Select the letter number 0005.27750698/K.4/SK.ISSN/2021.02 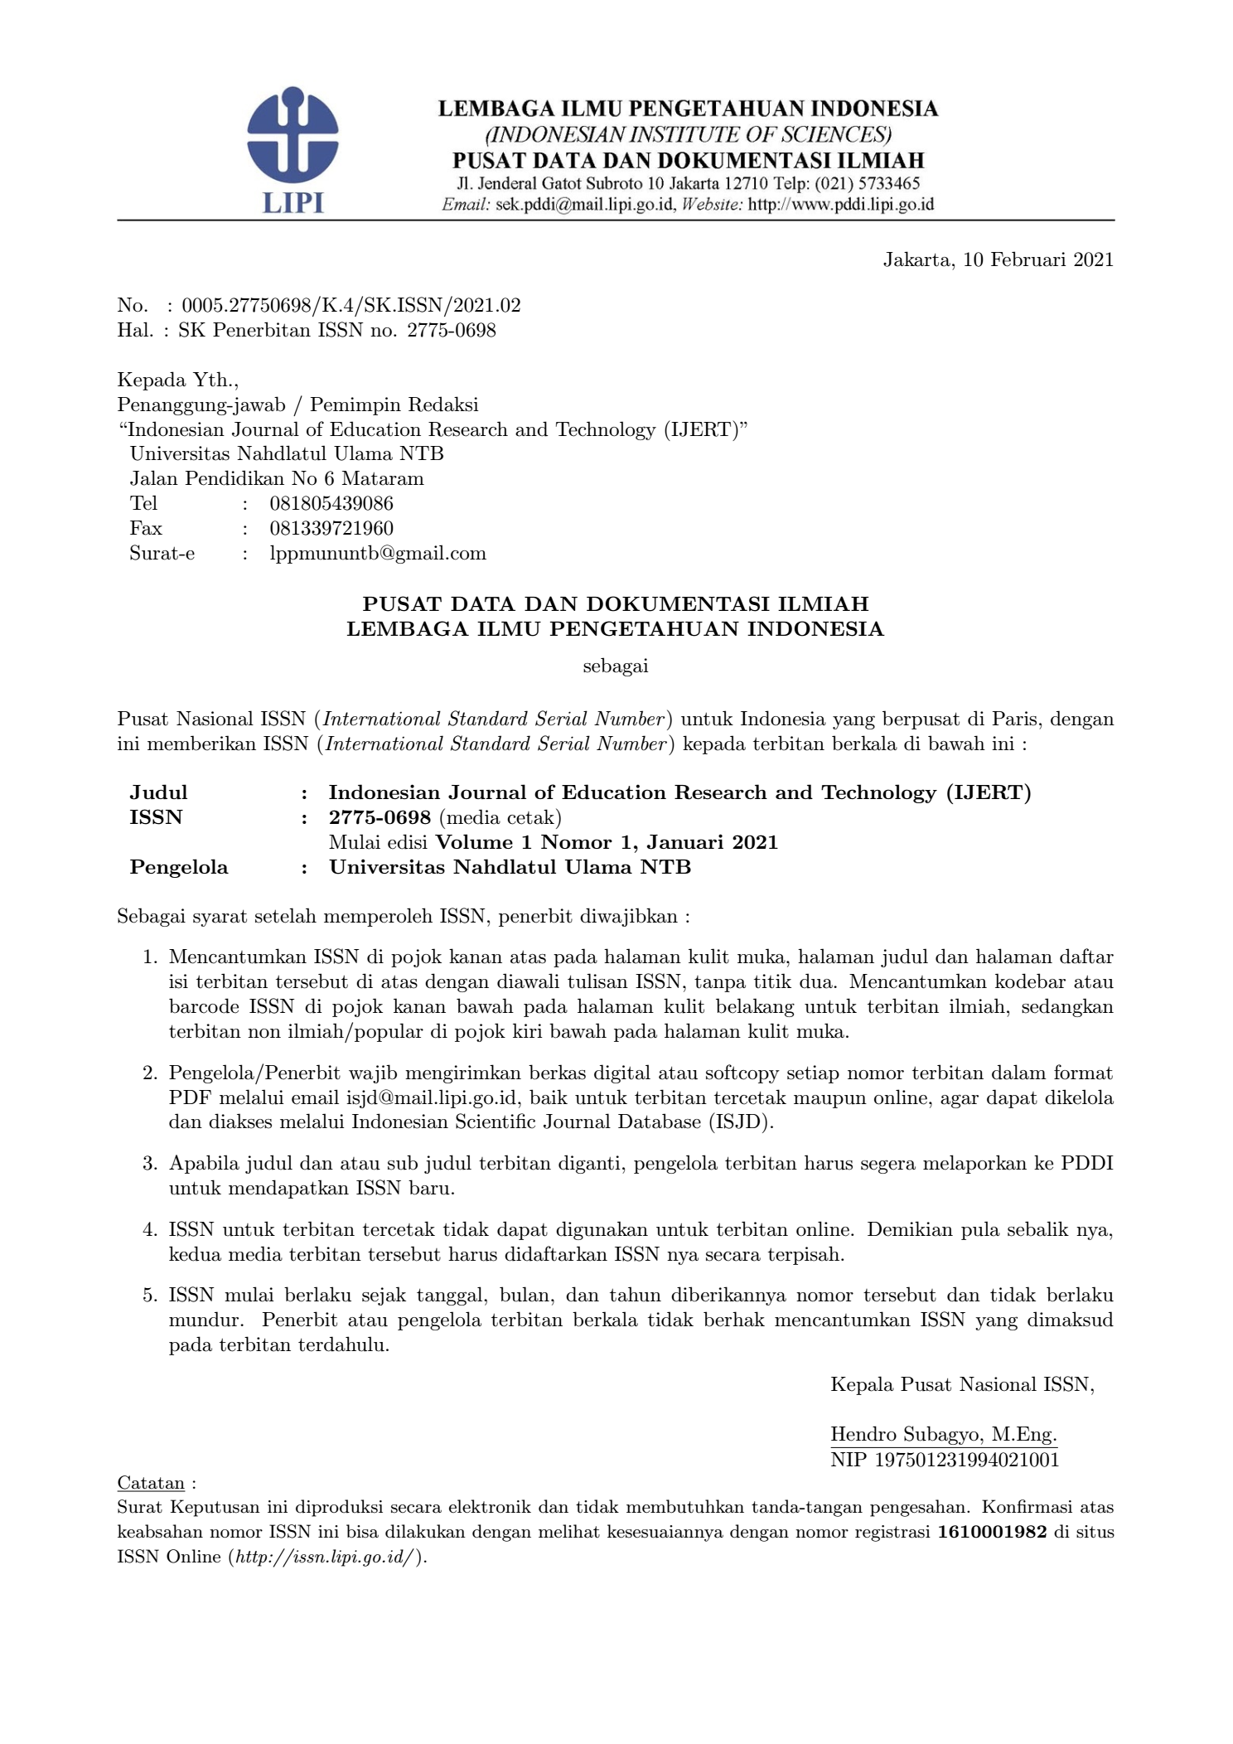pyautogui.click(x=351, y=305)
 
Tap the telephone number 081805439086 pyautogui.click(x=331, y=503)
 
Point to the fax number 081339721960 pyautogui.click(x=331, y=528)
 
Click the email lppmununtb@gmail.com pyautogui.click(x=378, y=553)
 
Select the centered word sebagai pyautogui.click(x=615, y=666)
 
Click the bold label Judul pyautogui.click(x=158, y=792)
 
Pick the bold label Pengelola pyautogui.click(x=178, y=867)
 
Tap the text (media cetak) pyautogui.click(x=500, y=817)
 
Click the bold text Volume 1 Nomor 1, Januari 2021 pyautogui.click(x=607, y=842)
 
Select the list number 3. pyautogui.click(x=149, y=1163)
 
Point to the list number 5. pyautogui.click(x=149, y=1295)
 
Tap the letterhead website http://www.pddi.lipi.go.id pyautogui.click(x=840, y=204)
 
